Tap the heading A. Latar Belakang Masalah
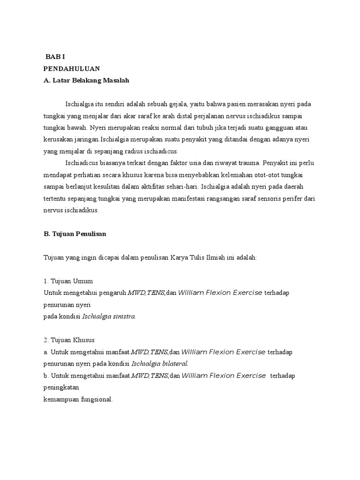tap(86, 81)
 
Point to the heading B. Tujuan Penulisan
tap(75, 234)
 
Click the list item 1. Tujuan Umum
tap(68, 281)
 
